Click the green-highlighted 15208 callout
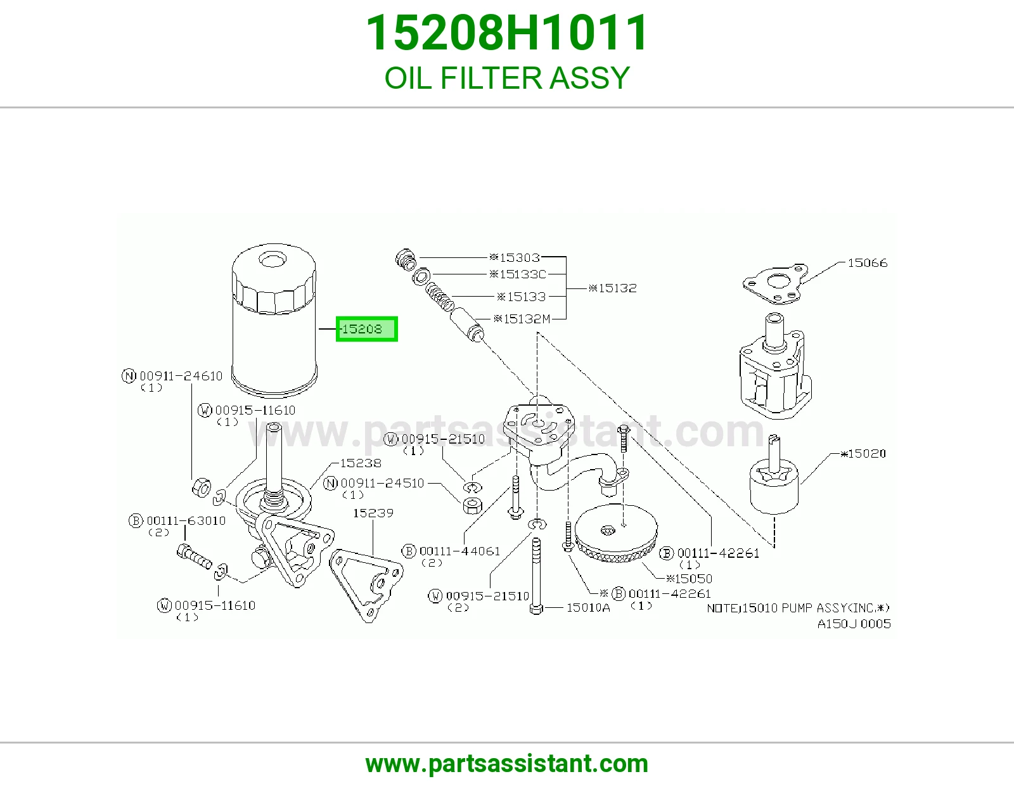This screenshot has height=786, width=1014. (366, 329)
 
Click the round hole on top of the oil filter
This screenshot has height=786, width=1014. (273, 259)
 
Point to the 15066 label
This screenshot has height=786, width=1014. (867, 263)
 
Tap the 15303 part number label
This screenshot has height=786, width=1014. (514, 257)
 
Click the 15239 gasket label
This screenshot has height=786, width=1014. (373, 513)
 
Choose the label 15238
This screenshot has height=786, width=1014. (360, 463)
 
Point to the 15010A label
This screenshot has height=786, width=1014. (588, 608)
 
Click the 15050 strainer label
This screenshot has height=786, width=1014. (690, 579)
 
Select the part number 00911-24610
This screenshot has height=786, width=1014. (181, 376)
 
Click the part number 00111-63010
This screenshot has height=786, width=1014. (186, 520)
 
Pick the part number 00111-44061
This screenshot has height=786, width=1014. (459, 551)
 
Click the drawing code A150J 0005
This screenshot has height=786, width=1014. (854, 624)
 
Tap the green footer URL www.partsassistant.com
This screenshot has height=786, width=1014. (507, 764)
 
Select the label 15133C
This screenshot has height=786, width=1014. (518, 274)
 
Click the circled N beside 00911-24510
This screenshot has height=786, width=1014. (330, 483)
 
